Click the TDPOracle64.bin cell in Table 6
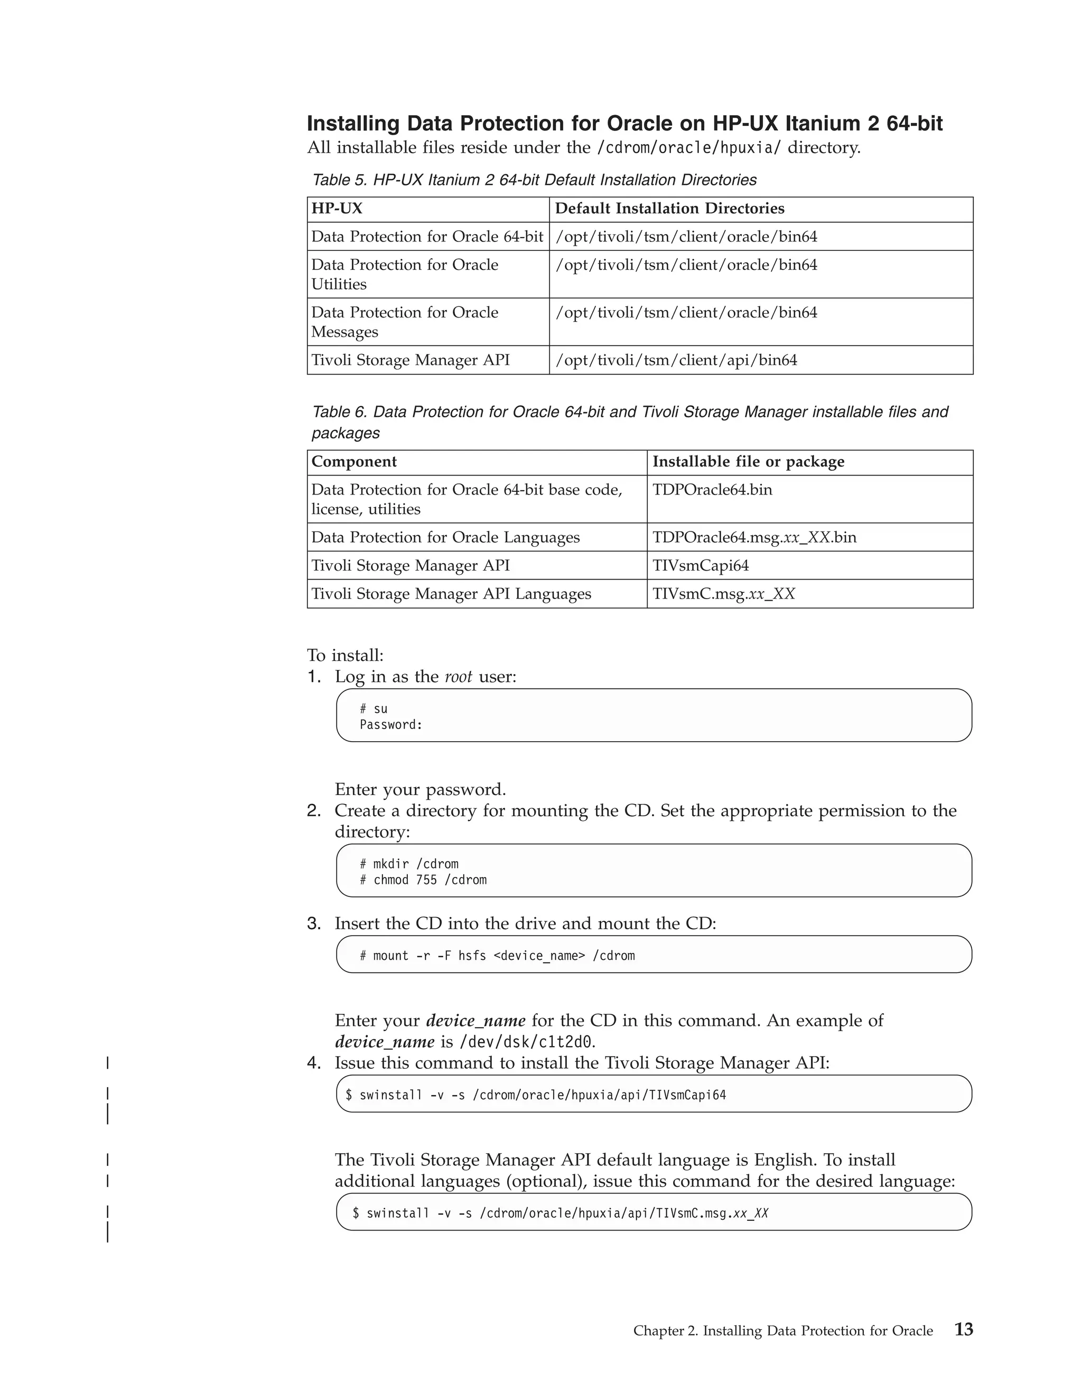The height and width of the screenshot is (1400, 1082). [712, 490]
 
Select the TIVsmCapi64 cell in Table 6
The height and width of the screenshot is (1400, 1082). [700, 565]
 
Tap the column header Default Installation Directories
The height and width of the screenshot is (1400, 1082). [669, 208]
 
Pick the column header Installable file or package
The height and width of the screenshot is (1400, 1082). [748, 462]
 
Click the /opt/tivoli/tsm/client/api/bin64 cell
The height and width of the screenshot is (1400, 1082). [676, 360]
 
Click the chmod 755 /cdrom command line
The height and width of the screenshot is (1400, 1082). [423, 880]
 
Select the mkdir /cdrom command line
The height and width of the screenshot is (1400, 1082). [409, 863]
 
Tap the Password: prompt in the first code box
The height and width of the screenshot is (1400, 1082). [391, 724]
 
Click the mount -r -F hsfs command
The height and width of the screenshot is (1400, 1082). [497, 956]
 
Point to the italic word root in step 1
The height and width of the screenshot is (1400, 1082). [458, 677]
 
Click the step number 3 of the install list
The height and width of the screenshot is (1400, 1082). [313, 923]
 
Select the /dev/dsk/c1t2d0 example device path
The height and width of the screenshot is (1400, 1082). [526, 1041]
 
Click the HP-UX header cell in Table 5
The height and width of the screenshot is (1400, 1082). [337, 208]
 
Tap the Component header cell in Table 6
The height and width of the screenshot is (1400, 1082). [354, 462]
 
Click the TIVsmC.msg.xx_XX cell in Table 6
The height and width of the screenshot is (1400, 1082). [723, 594]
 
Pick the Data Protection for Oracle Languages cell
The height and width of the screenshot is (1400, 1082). [445, 537]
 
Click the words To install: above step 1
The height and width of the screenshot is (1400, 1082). [345, 655]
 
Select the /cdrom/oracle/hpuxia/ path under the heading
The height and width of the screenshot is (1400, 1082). [688, 147]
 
